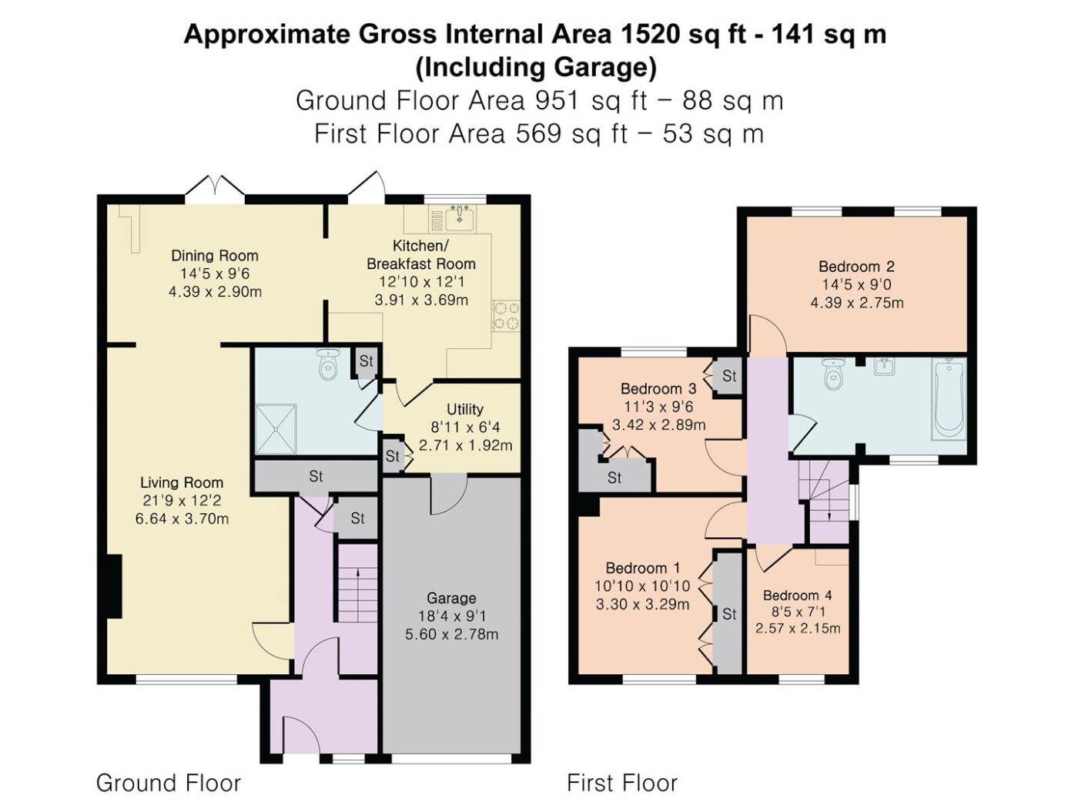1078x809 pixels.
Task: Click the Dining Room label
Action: pos(215,256)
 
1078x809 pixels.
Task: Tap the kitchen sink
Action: pos(452,218)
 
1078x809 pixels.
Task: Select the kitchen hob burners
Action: pos(506,316)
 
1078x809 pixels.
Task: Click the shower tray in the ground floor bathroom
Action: pos(276,429)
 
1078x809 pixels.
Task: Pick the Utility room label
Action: pos(464,409)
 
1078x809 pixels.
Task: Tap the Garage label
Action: pos(451,598)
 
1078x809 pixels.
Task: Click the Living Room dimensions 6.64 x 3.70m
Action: pos(182,519)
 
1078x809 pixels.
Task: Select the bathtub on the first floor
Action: pos(949,398)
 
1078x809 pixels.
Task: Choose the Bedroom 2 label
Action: pos(856,267)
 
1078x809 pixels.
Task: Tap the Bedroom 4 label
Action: pos(797,596)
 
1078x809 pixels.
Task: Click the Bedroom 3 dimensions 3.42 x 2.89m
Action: pos(658,425)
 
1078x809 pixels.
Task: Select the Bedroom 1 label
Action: pos(642,569)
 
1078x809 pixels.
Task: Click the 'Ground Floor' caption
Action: pos(169,782)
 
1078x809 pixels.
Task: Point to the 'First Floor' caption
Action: pos(622,782)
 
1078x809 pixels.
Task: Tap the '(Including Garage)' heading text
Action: pos(536,68)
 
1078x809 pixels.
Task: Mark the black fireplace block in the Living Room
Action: pos(115,586)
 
